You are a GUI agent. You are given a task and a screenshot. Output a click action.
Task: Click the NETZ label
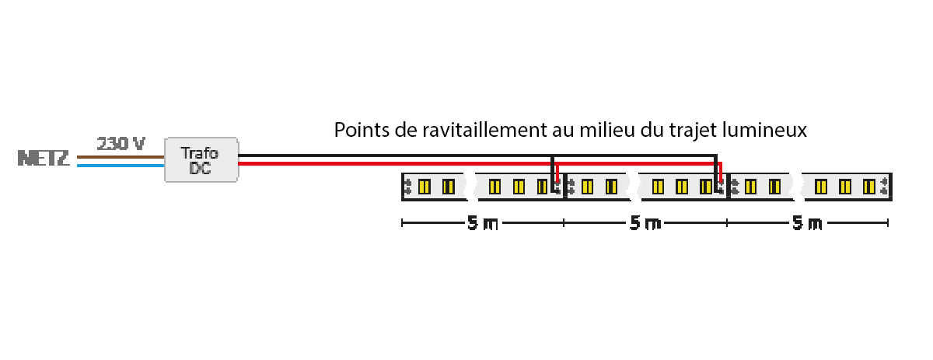pos(44,159)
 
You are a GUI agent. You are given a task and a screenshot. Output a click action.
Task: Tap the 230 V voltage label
pos(121,144)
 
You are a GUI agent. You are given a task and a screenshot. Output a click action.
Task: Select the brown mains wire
pos(121,157)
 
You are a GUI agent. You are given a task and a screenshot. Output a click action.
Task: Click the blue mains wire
pos(121,166)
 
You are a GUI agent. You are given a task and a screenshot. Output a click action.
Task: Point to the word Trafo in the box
pos(200,153)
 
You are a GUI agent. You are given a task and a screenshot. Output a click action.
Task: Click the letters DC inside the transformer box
pos(200,168)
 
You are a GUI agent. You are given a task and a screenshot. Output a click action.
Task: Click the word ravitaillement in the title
pos(484,130)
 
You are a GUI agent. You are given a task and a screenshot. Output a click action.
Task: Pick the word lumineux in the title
pos(765,130)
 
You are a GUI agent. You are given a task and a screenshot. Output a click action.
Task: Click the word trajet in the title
pos(693,130)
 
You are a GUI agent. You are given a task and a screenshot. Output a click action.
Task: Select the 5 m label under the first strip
pos(483,223)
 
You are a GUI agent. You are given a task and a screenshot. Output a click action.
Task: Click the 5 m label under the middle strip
pos(645,223)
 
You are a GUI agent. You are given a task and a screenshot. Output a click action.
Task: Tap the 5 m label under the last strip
pos(807,223)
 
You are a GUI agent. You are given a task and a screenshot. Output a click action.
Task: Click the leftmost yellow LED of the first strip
pos(424,187)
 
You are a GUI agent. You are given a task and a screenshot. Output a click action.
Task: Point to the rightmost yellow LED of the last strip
pos(869,187)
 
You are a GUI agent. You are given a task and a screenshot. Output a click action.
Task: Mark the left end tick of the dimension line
pos(402,223)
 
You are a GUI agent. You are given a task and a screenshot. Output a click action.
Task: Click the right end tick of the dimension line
pos(888,223)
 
